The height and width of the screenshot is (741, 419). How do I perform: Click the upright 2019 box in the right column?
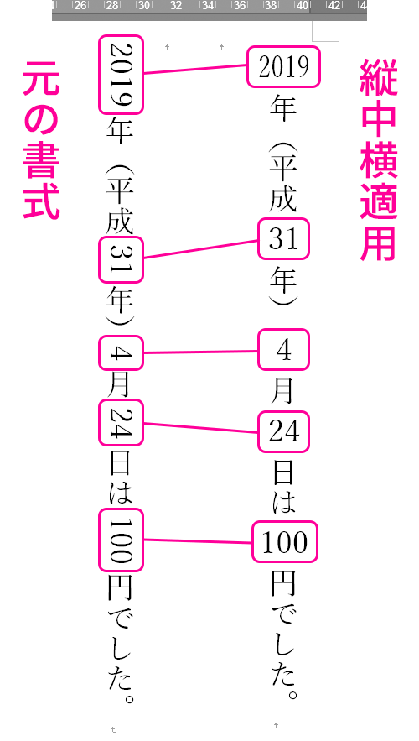[283, 66]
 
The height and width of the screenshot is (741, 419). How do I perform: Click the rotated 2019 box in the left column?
[121, 75]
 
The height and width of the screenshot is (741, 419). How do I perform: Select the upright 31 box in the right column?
[283, 238]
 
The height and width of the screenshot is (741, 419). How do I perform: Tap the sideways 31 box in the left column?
[121, 260]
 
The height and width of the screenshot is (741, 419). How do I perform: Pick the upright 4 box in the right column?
[283, 350]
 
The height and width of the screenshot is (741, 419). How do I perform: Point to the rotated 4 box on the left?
[121, 352]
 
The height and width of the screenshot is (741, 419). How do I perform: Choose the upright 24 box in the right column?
[283, 431]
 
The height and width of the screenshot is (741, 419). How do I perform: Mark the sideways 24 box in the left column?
[121, 422]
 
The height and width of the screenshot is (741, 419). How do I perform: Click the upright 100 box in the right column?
[285, 541]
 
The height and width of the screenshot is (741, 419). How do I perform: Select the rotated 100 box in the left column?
[121, 540]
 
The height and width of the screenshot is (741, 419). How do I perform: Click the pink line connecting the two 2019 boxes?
[195, 69]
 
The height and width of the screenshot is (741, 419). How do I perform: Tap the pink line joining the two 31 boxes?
[200, 249]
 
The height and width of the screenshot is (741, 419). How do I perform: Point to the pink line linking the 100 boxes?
[197, 540]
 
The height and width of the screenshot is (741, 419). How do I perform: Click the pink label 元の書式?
[41, 140]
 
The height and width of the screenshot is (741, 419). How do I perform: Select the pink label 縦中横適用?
[379, 159]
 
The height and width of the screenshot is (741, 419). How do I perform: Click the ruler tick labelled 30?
[144, 6]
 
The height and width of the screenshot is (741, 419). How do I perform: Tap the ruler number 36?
[240, 6]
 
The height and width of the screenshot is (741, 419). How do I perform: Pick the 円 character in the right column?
[283, 584]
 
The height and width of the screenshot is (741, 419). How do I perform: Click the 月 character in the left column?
[119, 385]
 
